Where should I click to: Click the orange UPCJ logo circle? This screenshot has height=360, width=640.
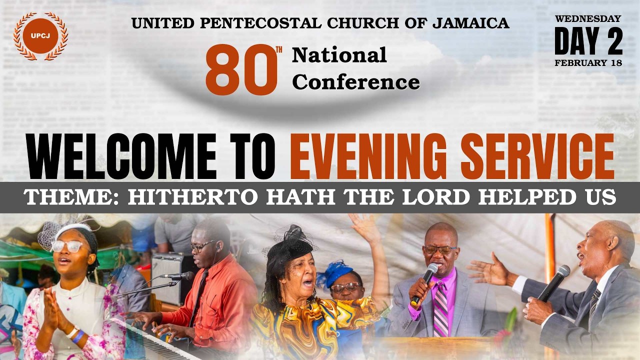tap(40, 36)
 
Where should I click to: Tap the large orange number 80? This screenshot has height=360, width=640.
tap(241, 70)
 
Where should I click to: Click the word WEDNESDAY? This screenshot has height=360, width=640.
tap(588, 18)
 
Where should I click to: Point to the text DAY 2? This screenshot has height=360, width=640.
tap(588, 41)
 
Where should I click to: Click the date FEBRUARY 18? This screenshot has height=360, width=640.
tap(588, 63)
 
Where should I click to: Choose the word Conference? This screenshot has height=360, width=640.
tap(355, 82)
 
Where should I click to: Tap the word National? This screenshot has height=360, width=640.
tap(339, 55)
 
